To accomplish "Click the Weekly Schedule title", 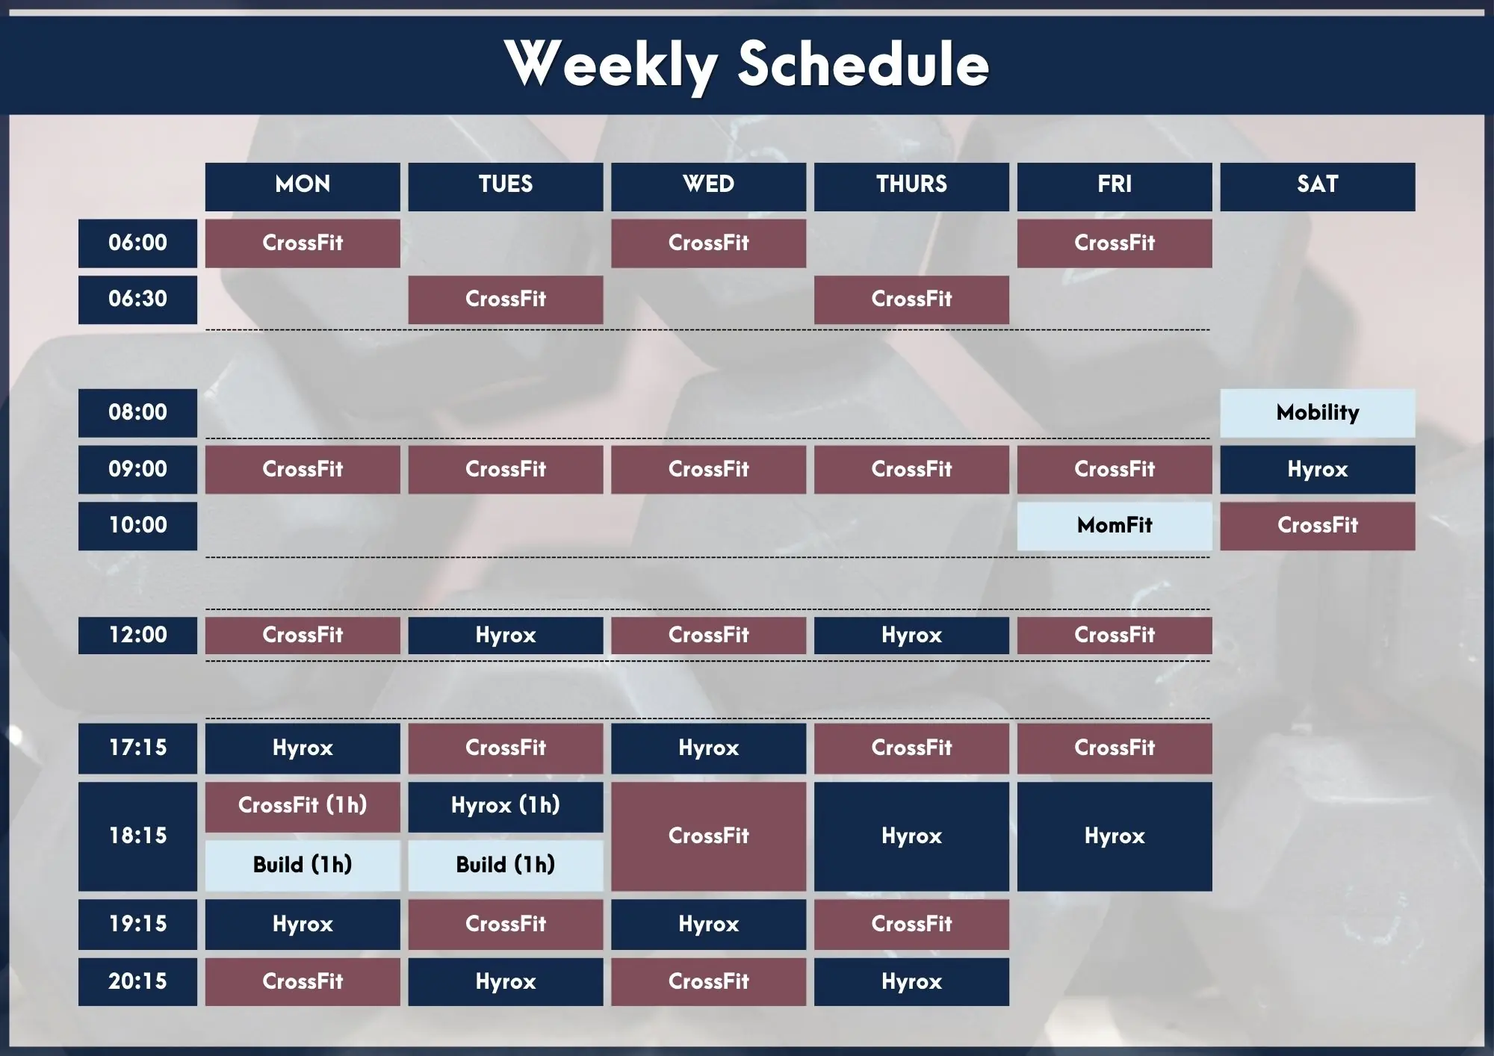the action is (747, 65).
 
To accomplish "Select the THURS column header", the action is (911, 187).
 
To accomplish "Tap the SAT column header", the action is (1318, 187).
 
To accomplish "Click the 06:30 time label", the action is (137, 299).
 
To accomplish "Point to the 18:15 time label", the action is (137, 836).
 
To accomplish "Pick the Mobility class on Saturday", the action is (1318, 413).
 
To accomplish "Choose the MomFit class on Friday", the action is (1115, 526).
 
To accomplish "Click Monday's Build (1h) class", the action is (303, 866).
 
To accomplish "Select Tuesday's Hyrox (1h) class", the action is (506, 807).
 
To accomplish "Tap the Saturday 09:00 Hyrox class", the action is (1318, 470).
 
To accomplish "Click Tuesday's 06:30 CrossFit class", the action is (506, 299).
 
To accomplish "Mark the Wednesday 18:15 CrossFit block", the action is (709, 836).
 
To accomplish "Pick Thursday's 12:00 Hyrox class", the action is (911, 636).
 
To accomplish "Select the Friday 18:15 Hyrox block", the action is (1115, 836).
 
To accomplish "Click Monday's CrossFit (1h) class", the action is (303, 807).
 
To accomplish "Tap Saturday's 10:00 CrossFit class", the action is (1318, 526).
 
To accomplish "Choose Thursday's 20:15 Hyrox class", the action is (911, 982).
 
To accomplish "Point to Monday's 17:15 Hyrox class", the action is (303, 748).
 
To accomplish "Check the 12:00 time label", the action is (137, 636).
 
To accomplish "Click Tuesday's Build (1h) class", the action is (506, 866).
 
